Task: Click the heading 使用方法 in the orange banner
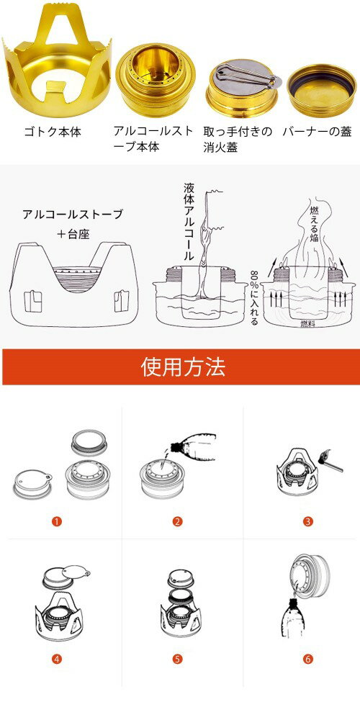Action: [x=182, y=367]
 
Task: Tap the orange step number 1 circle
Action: [x=56, y=522]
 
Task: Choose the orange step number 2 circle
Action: [x=177, y=522]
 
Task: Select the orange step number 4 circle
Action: [x=56, y=659]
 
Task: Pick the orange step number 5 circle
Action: [x=177, y=659]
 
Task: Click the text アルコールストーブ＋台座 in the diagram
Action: [x=72, y=224]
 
